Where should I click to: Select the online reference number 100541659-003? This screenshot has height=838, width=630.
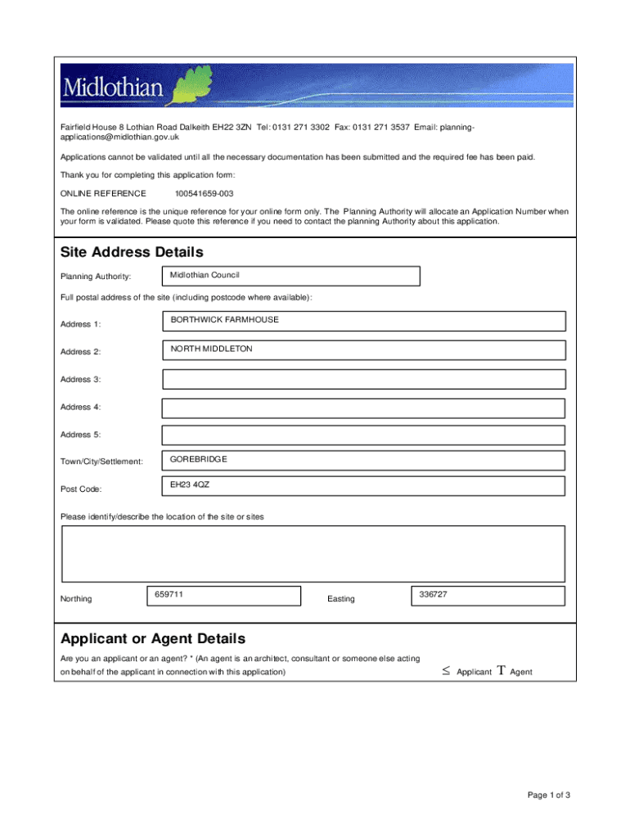pos(204,194)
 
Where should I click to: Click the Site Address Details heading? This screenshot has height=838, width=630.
pos(132,252)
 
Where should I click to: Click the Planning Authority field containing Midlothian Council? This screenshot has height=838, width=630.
pos(290,276)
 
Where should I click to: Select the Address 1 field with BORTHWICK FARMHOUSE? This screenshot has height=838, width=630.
pos(363,322)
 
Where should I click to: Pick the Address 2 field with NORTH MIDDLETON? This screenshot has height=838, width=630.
pos(363,350)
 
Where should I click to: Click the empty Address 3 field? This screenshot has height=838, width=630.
pos(363,379)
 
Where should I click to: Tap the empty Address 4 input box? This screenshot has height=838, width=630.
pos(363,408)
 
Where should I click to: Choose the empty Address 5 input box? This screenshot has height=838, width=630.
pos(363,435)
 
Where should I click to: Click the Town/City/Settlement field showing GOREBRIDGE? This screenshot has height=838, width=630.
pos(363,461)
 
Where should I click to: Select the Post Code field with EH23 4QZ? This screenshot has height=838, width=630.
pos(363,486)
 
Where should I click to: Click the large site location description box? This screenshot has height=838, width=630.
pos(313,553)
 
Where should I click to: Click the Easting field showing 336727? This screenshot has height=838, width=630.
pos(488,597)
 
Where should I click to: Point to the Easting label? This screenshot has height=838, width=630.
pos(341,599)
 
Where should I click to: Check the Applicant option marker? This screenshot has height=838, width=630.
pos(446,671)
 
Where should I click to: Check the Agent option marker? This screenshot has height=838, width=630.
pos(500,671)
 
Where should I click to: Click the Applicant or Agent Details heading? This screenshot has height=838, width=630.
pos(153,638)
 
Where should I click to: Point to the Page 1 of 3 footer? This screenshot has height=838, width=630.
pos(548,795)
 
